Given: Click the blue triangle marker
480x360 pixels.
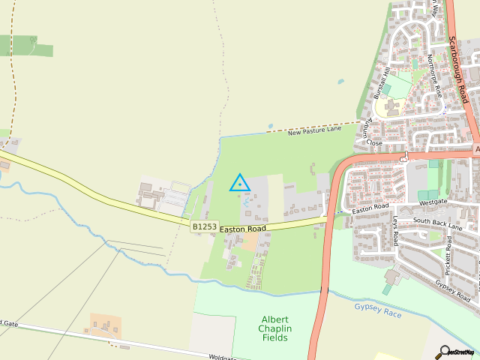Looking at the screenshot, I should (x=240, y=183).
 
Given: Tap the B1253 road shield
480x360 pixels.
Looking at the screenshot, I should (x=204, y=226).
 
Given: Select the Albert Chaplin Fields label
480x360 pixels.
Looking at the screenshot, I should (x=275, y=328).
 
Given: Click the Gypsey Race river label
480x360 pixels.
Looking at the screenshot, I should (x=378, y=309).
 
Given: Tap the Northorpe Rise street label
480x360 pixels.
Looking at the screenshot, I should (x=433, y=74).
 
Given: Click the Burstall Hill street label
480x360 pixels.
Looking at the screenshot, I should (x=382, y=82).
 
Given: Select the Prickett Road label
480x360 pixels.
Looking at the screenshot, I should (x=448, y=255).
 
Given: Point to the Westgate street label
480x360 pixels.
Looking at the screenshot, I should (x=433, y=202).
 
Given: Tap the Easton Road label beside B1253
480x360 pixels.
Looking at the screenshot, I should (x=243, y=228).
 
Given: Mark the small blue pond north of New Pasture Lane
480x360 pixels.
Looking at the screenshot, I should (x=341, y=81).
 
